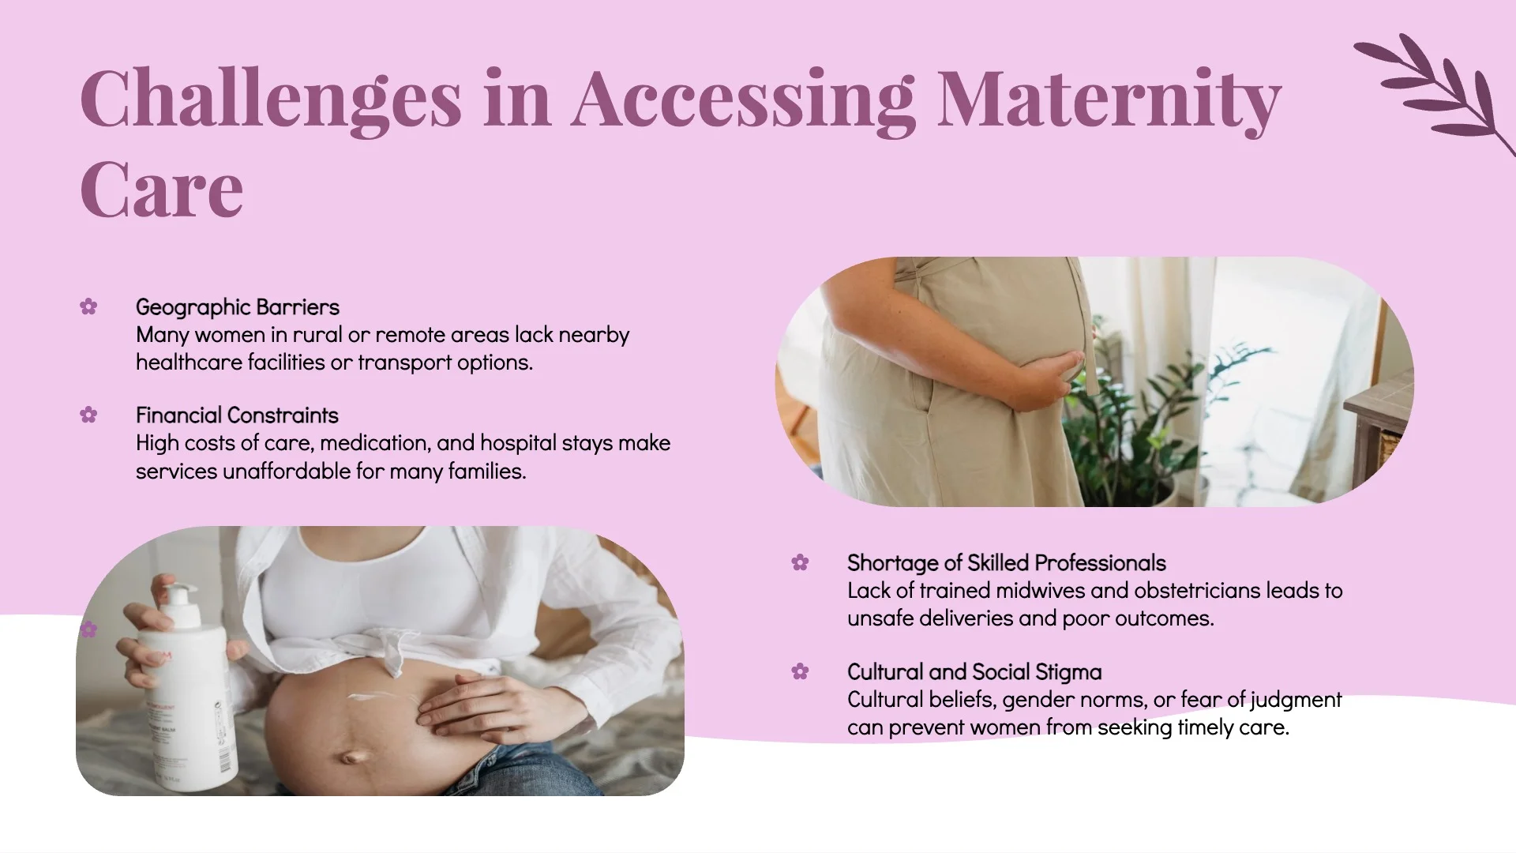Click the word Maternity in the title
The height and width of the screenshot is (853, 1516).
tap(1109, 100)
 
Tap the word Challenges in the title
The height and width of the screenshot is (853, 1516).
tap(271, 100)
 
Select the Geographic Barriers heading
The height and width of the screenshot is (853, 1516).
tap(238, 306)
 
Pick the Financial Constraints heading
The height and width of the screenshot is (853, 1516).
tap(237, 415)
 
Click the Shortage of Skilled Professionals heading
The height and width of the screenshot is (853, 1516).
tap(1007, 562)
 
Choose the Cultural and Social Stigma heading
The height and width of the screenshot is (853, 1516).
tap(974, 671)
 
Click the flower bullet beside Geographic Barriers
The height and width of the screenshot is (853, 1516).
tap(88, 306)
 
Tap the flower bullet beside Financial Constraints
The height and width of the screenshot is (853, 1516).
tap(88, 415)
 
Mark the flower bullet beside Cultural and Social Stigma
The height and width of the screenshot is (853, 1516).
tap(800, 671)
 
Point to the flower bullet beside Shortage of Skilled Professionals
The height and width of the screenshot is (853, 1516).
tap(800, 562)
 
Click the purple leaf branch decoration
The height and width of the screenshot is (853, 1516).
tap(1433, 91)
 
